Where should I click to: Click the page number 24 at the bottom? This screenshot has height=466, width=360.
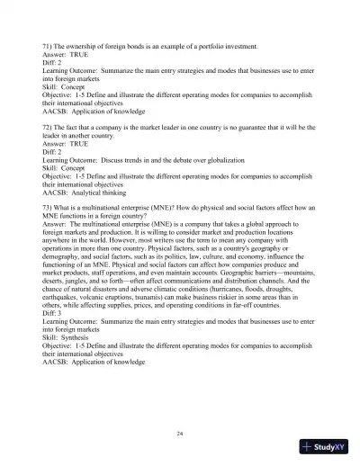tap(180, 434)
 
